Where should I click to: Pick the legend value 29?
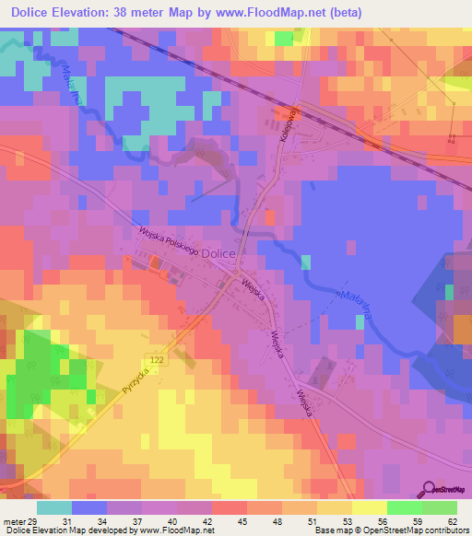coord(35,520)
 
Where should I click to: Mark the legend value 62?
coord(450,520)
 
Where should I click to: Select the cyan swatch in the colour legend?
coord(53,507)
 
